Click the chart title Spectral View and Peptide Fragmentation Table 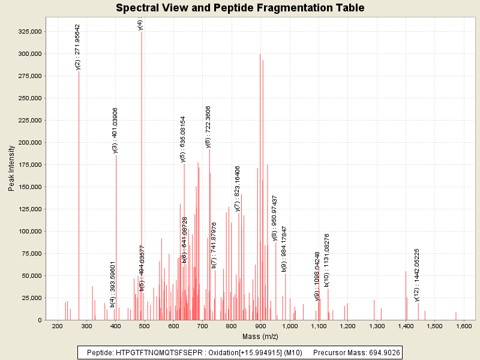(x=240, y=8)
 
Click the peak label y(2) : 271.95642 (x=78, y=47)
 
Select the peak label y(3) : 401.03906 (x=115, y=131)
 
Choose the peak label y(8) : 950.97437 (x=275, y=218)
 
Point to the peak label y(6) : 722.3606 (x=208, y=126)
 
